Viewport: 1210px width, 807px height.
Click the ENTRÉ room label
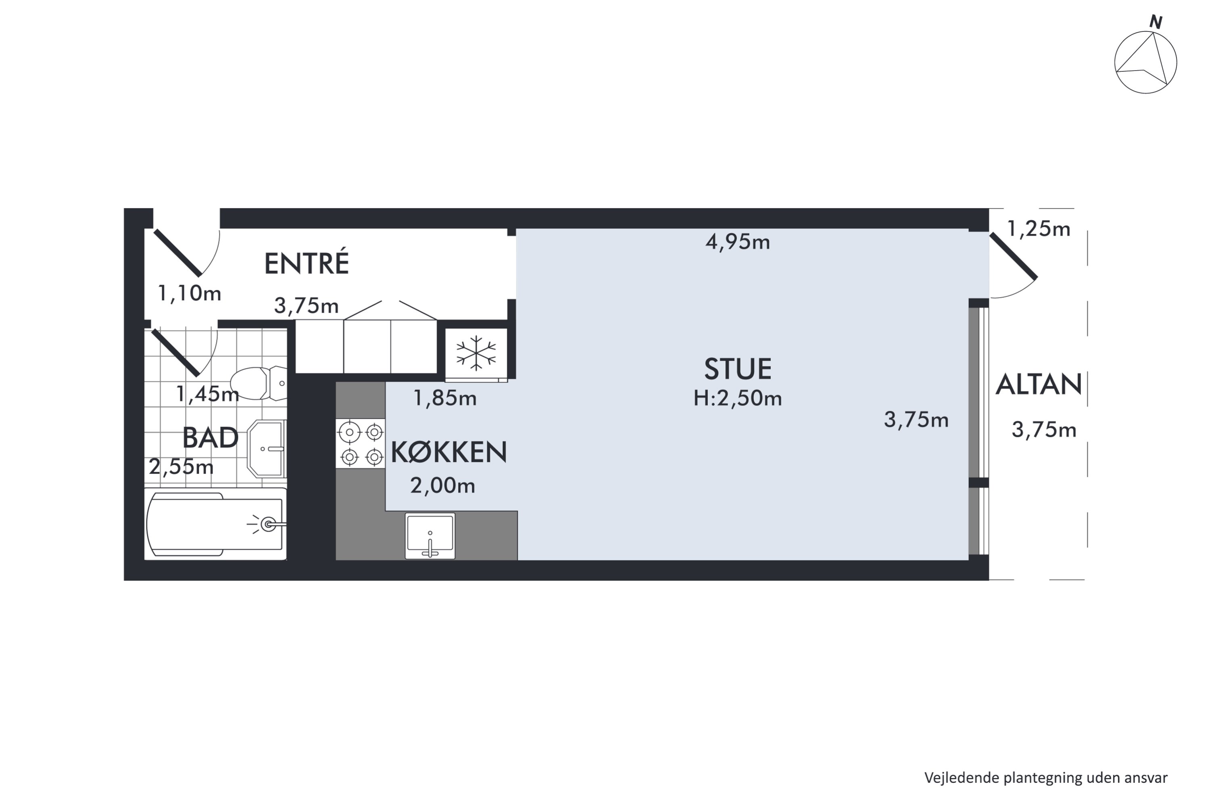coord(307,263)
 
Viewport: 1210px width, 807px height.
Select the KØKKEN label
coord(449,452)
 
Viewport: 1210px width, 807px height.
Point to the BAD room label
coord(211,438)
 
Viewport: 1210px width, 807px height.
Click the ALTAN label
coord(1038,385)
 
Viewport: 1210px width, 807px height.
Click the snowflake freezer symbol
coord(476,353)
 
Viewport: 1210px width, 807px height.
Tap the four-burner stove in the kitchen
coord(361,443)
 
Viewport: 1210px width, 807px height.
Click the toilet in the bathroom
coord(257,383)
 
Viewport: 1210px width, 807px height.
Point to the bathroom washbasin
coord(267,449)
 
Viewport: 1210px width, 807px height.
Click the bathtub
coord(215,524)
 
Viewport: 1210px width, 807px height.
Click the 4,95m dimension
coord(737,242)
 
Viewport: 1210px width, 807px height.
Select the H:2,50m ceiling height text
coord(737,398)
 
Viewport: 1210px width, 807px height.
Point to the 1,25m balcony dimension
coord(1038,229)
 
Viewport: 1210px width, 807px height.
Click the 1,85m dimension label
coord(445,398)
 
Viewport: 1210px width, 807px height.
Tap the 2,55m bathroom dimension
coord(181,467)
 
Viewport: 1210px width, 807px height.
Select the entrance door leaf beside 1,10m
coord(178,253)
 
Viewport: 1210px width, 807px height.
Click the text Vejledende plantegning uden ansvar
coord(1046,778)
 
